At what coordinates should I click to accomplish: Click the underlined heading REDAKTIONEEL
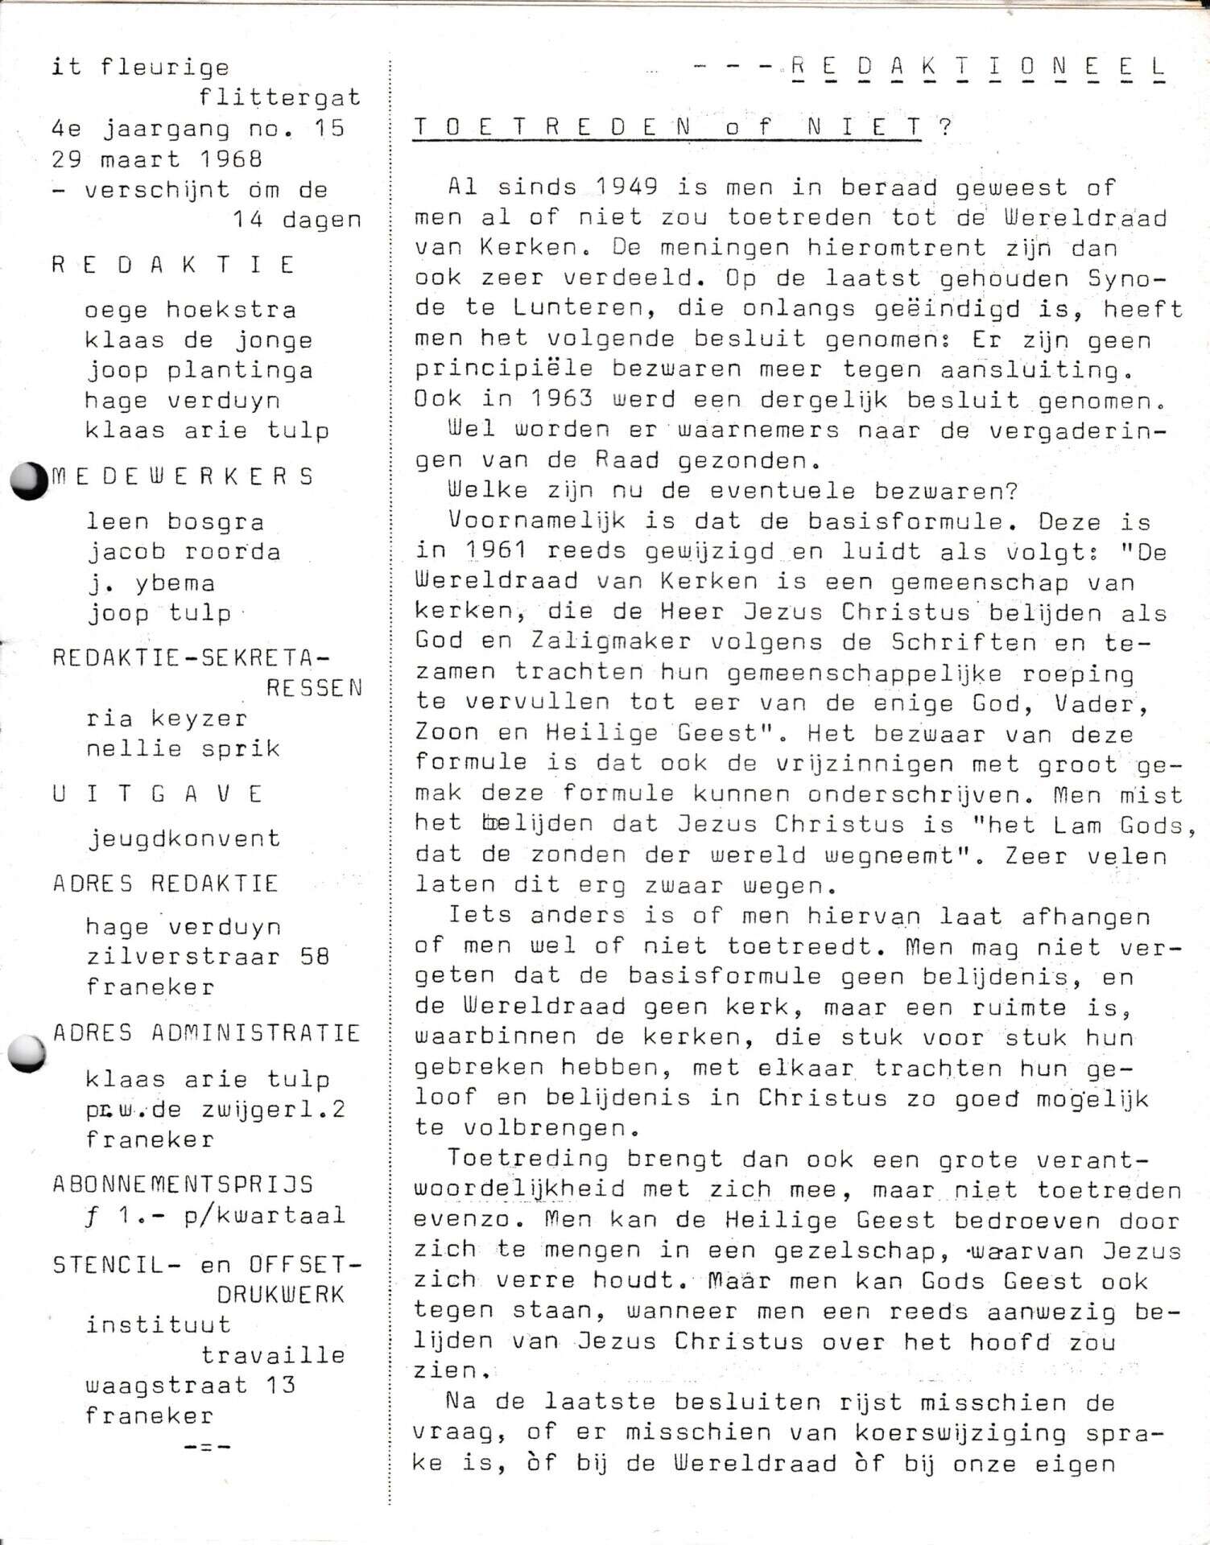[x=977, y=68]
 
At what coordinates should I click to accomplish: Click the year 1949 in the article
[x=626, y=187]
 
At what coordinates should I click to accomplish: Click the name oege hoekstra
[x=190, y=311]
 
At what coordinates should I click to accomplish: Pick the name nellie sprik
[x=183, y=749]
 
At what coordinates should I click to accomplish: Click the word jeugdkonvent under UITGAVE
[x=184, y=839]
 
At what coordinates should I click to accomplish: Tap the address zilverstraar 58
[x=208, y=958]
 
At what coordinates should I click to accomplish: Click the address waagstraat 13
[x=191, y=1386]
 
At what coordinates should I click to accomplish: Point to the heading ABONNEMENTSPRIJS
[x=183, y=1184]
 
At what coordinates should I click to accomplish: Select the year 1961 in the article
[x=496, y=551]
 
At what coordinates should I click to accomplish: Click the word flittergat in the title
[x=279, y=98]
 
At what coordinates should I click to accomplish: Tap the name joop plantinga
[x=198, y=371]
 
